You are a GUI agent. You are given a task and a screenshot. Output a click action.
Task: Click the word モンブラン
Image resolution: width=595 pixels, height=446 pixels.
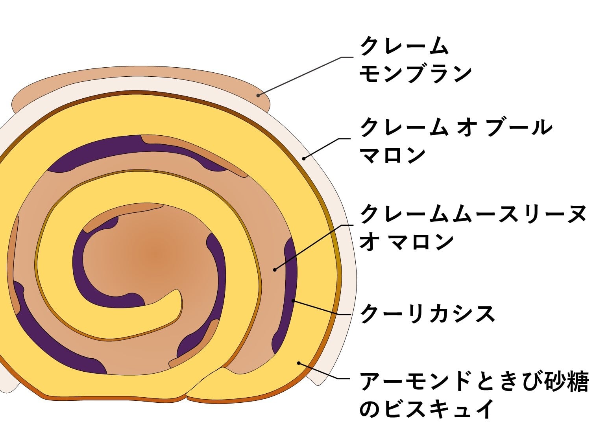click(x=416, y=73)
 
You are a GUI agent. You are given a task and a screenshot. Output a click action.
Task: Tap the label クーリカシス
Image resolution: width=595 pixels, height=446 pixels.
click(x=427, y=313)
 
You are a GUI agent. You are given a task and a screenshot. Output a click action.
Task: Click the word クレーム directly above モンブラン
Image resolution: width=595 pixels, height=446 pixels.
click(x=405, y=46)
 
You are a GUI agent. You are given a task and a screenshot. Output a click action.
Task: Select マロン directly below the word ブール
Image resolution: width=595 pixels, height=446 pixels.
click(x=393, y=155)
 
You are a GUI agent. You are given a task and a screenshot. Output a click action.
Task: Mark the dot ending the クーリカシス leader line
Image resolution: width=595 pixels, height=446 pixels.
click(x=293, y=301)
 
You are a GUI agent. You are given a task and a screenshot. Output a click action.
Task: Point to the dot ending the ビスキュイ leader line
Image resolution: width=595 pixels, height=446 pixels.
click(x=299, y=363)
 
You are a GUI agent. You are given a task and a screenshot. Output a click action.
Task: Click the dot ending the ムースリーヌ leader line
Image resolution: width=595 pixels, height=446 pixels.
click(x=275, y=270)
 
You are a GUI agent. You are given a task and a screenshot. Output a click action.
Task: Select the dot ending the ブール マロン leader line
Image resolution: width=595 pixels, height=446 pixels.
click(x=304, y=158)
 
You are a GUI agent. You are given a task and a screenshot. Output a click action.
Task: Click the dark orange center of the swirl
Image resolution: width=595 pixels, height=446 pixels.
click(x=155, y=256)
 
